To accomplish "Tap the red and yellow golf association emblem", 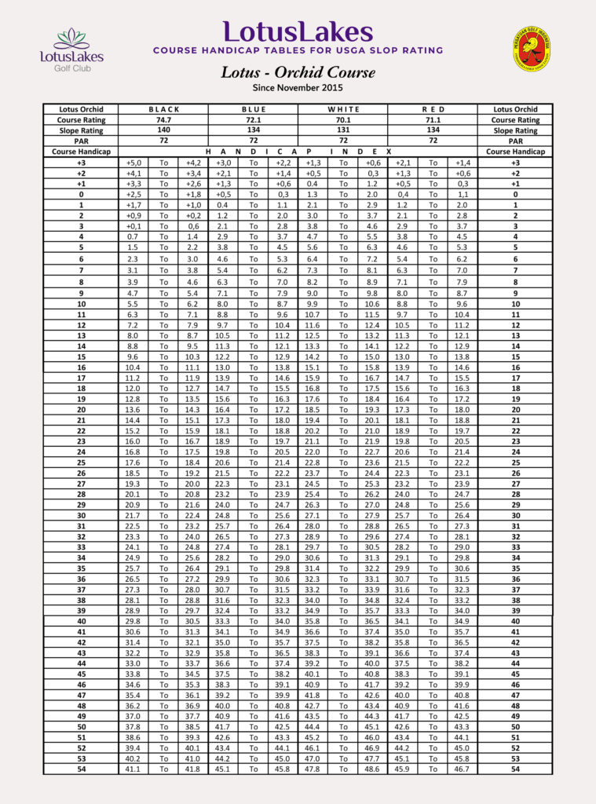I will coord(532,49).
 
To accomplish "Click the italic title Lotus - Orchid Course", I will coord(298,72).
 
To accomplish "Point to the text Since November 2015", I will coord(298,87).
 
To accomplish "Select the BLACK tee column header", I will coord(164,109).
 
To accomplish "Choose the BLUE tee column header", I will coord(254,109).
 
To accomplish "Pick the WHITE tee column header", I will coord(343,109).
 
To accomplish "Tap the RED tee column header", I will coord(433,109).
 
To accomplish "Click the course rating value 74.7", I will coord(164,120).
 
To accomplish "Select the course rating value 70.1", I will coord(343,120).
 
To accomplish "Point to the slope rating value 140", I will coord(164,130).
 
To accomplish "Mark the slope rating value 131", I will coord(343,130).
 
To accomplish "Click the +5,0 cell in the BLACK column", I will coord(133,163).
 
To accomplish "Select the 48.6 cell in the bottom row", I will coord(373,769).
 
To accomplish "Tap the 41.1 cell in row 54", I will coord(133,769).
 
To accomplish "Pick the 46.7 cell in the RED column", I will coord(463,769).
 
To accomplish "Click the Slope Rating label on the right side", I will coord(515,130).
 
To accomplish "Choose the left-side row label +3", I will coord(81,163).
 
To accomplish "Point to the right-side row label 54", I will coord(515,769).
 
